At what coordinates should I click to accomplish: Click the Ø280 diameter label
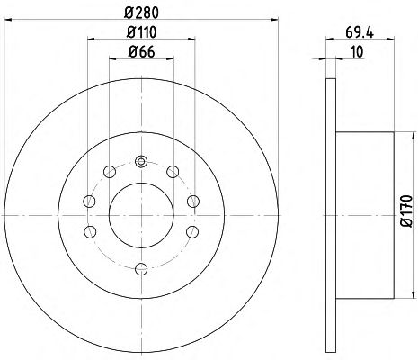tap(141, 13)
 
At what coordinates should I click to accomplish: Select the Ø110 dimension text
tap(141, 32)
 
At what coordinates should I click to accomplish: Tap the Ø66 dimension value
tap(141, 52)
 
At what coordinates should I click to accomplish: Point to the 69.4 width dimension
tap(360, 32)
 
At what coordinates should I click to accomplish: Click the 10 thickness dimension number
tap(357, 52)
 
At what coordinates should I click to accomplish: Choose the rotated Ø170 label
tap(406, 211)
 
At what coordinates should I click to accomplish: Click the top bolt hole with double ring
tap(141, 162)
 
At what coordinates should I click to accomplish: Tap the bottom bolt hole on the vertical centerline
tap(141, 268)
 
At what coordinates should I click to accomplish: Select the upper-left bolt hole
tap(110, 172)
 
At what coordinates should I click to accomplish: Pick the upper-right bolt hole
tap(173, 172)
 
